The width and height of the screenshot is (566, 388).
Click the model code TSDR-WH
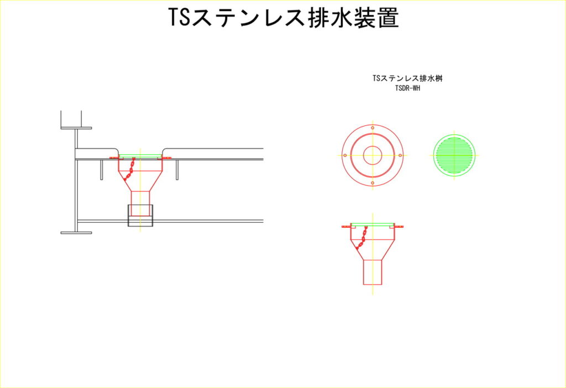[x=407, y=88]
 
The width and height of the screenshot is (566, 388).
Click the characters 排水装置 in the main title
[x=353, y=17]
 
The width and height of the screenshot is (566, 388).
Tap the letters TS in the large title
[x=179, y=17]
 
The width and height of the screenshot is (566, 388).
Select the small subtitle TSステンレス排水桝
[x=407, y=78]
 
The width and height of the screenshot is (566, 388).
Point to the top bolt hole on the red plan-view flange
[x=373, y=128]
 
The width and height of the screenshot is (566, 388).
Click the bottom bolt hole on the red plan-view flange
[x=373, y=183]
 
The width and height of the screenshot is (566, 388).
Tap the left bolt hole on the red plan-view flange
[x=345, y=155]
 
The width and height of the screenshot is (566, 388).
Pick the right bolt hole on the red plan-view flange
[x=400, y=155]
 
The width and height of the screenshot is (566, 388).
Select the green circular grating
[x=454, y=155]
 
